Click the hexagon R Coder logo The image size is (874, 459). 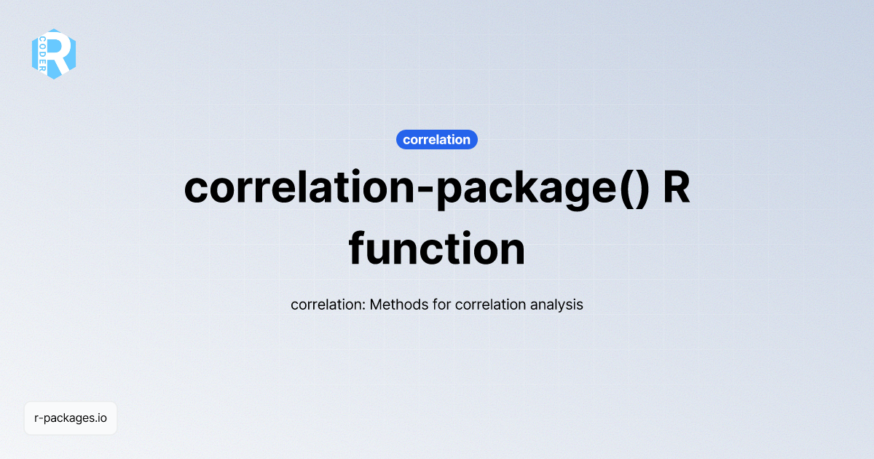pos(54,54)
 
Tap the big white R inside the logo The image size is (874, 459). pos(61,53)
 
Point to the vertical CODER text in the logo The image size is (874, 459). pos(44,54)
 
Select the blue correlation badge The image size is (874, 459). pos(437,139)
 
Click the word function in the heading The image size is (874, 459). pos(437,248)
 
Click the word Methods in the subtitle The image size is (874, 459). pos(397,305)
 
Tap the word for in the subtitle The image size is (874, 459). pos(439,305)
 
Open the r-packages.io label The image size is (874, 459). pos(71,418)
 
